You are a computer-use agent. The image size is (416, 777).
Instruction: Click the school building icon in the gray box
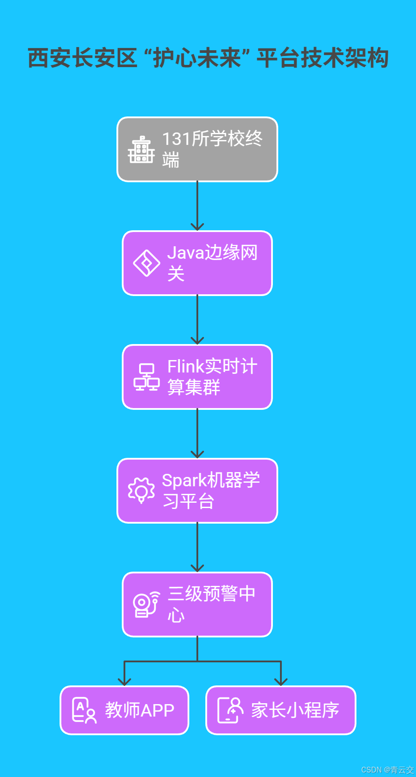(141, 150)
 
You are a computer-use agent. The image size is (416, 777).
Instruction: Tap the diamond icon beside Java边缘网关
(147, 263)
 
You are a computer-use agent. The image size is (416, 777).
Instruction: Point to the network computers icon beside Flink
(147, 377)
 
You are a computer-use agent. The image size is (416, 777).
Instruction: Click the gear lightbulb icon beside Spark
(141, 490)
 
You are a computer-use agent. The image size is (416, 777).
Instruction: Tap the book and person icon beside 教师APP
(84, 710)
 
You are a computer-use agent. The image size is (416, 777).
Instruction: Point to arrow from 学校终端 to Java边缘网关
(197, 207)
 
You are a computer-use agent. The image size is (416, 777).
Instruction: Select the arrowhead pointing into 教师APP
(124, 681)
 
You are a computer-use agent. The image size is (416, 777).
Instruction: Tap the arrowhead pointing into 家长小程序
(281, 681)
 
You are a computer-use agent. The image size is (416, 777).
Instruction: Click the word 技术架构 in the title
(344, 58)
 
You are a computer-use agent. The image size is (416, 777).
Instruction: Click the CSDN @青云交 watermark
(387, 770)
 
